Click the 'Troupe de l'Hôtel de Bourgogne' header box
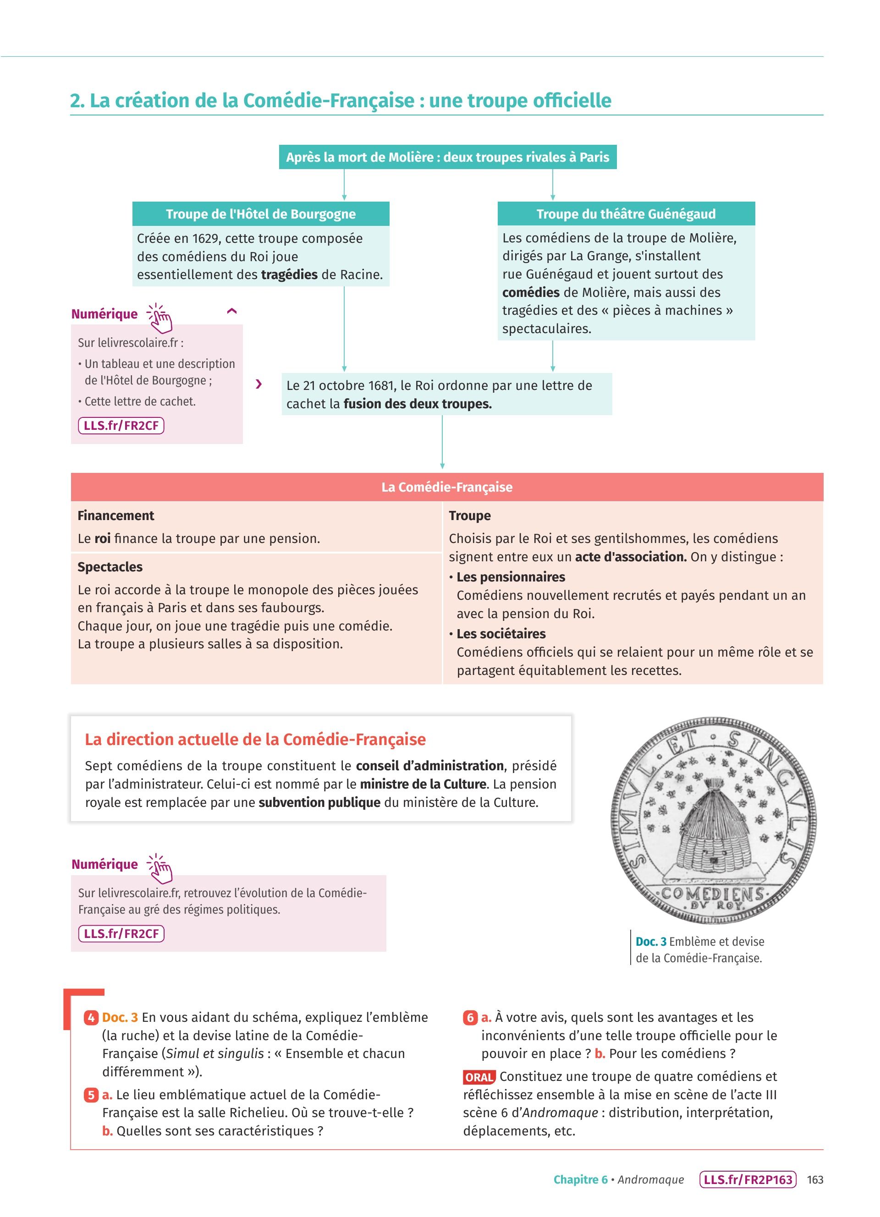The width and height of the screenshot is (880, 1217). pyautogui.click(x=261, y=214)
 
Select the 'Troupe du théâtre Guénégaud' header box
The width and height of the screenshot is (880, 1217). pyautogui.click(x=626, y=214)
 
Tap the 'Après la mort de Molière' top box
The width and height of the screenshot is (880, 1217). pyautogui.click(x=447, y=157)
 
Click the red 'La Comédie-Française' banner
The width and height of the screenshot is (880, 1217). pyautogui.click(x=446, y=487)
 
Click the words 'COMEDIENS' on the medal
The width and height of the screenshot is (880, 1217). pyautogui.click(x=713, y=894)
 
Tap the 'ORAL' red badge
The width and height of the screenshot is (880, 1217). pyautogui.click(x=478, y=1077)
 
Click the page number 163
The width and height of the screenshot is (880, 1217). pyautogui.click(x=814, y=1179)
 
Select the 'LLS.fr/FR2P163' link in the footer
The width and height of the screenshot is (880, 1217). pyautogui.click(x=748, y=1179)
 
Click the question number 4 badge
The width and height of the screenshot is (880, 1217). pyautogui.click(x=91, y=1017)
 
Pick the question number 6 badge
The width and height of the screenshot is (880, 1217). pyautogui.click(x=470, y=1017)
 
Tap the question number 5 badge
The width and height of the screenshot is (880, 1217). pyautogui.click(x=91, y=1095)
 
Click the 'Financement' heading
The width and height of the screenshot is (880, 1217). pyautogui.click(x=116, y=515)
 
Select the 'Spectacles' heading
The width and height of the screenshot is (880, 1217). pyautogui.click(x=110, y=567)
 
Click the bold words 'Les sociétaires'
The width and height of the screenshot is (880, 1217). pyautogui.click(x=500, y=634)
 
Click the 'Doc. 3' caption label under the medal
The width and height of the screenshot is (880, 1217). pyautogui.click(x=651, y=941)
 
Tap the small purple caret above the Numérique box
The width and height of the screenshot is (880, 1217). pyautogui.click(x=232, y=311)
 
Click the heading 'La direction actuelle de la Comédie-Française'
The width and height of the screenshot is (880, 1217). pyautogui.click(x=255, y=740)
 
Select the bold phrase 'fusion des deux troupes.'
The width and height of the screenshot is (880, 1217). pyautogui.click(x=418, y=404)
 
